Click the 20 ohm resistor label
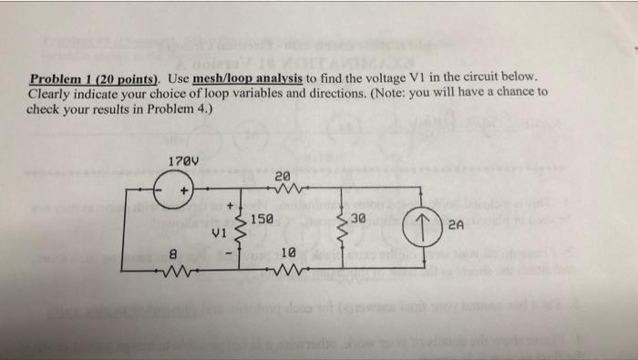click(x=282, y=174)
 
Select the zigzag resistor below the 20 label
click(x=282, y=190)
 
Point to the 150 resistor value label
click(x=261, y=221)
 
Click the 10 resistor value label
click(x=288, y=251)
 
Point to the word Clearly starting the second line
click(x=51, y=93)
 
